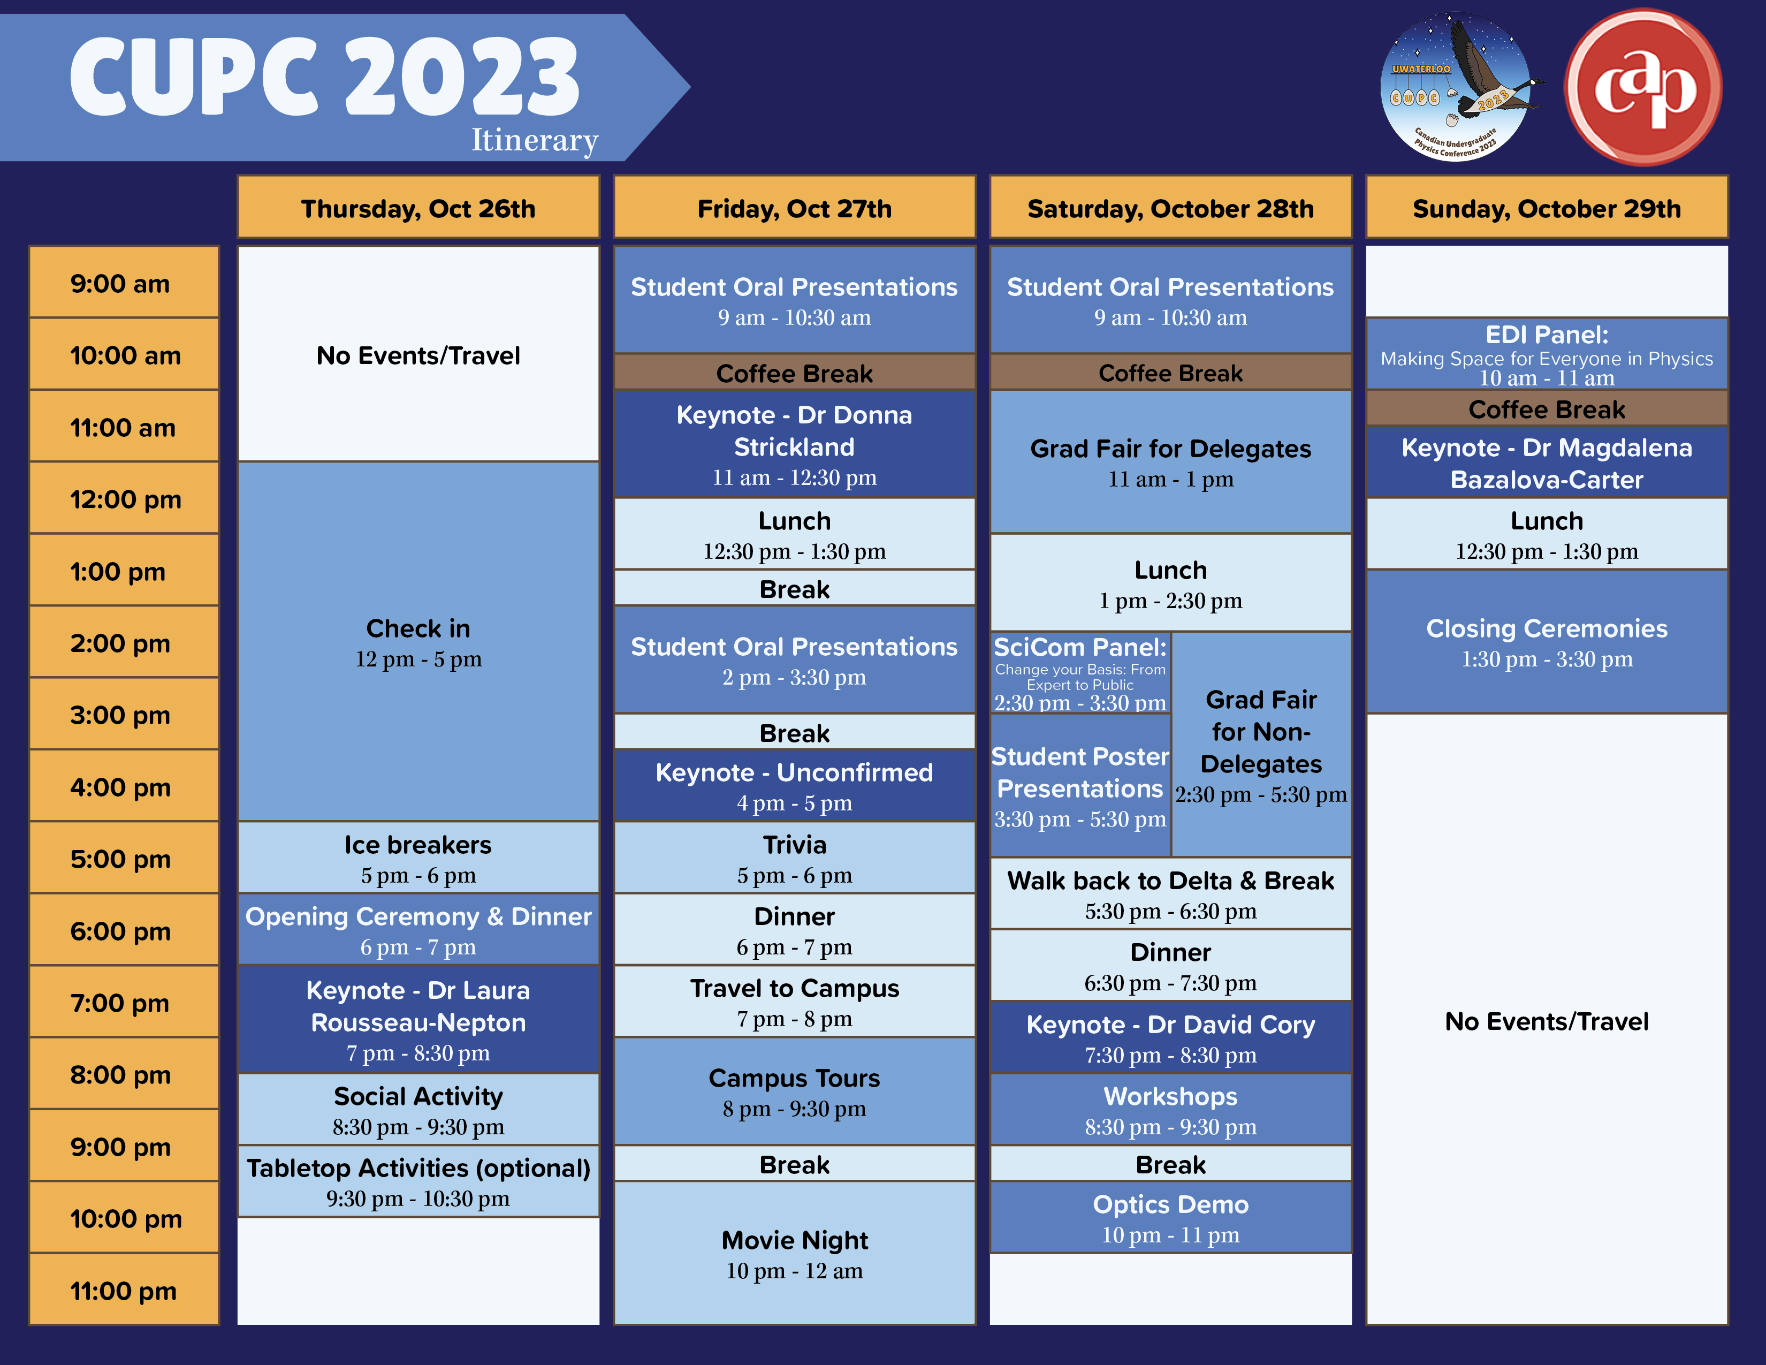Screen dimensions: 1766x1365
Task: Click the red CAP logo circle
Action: [x=1643, y=87]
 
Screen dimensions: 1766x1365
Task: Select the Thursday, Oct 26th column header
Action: [x=418, y=207]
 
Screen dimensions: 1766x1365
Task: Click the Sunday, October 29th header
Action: [x=1546, y=207]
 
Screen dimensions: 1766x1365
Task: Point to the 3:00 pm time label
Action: [x=124, y=714]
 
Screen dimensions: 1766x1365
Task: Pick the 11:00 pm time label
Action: [x=124, y=1290]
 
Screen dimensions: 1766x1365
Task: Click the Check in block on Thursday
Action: [x=418, y=642]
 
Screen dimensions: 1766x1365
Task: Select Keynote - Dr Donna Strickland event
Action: [x=794, y=444]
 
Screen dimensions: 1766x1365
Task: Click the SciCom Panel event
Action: [x=1080, y=673]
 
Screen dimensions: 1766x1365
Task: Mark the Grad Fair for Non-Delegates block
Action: [x=1261, y=744]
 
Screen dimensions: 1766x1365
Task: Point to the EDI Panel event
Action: [x=1546, y=354]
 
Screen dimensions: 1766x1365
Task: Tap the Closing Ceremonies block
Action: [x=1546, y=642]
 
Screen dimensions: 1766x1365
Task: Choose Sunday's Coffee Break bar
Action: [x=1546, y=408]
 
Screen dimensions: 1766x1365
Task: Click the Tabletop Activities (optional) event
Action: [x=418, y=1181]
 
